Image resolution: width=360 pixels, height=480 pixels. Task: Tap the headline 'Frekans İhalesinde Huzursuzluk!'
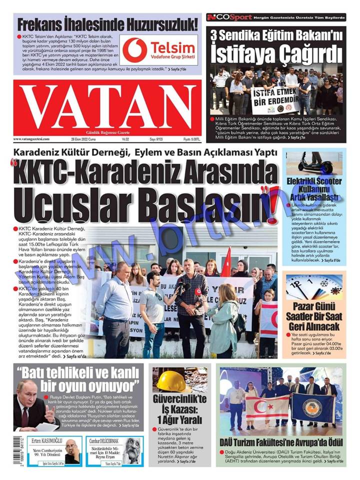coord(108,24)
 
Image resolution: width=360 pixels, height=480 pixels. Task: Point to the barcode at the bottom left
coord(7,452)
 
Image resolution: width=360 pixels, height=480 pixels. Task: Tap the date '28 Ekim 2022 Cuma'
coord(86,138)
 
